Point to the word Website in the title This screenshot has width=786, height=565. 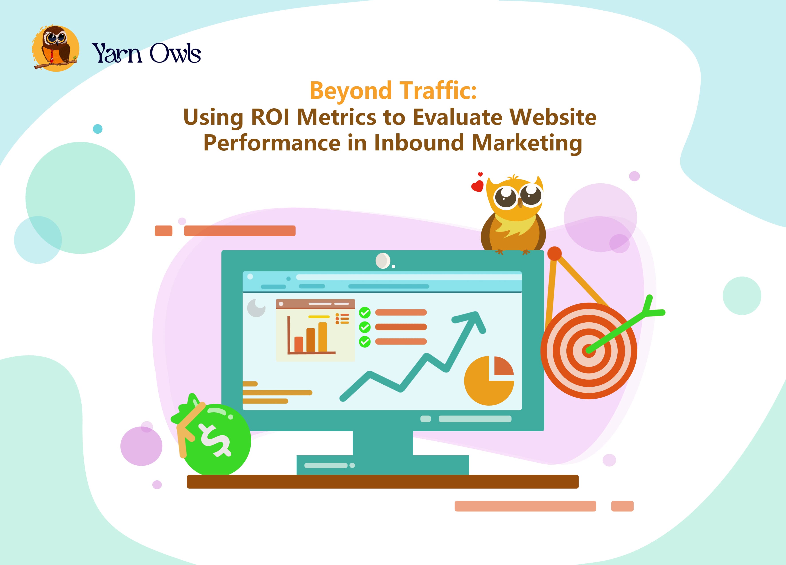tap(553, 117)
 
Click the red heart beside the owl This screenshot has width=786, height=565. tap(477, 186)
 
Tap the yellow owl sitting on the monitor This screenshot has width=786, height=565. tap(513, 215)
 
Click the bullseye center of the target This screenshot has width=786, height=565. tap(589, 351)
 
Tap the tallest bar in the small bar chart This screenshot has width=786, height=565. tap(322, 337)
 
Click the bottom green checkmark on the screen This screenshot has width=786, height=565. tap(364, 342)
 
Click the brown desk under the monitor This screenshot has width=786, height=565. tap(383, 481)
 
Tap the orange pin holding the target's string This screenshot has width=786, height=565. tap(554, 254)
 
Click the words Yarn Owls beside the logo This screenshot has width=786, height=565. tap(146, 53)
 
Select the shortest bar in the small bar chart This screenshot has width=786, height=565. tap(298, 344)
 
